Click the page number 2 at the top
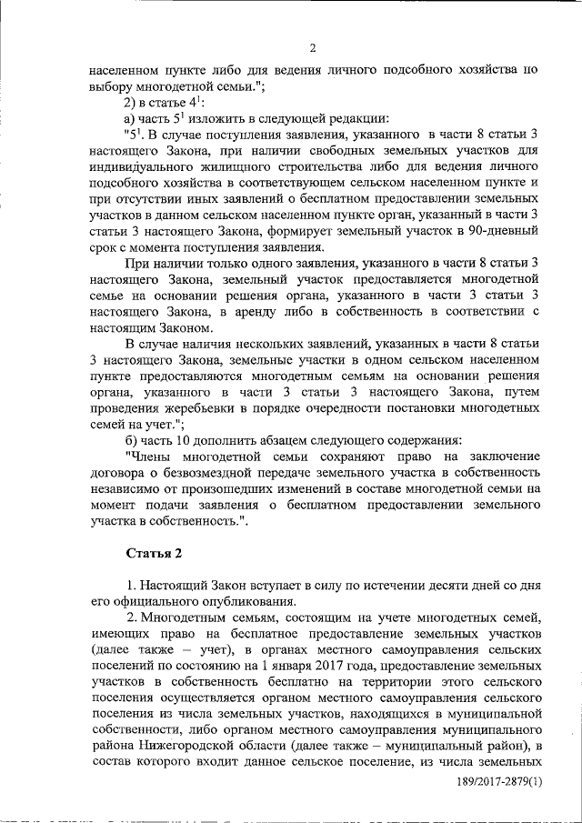(x=311, y=48)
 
